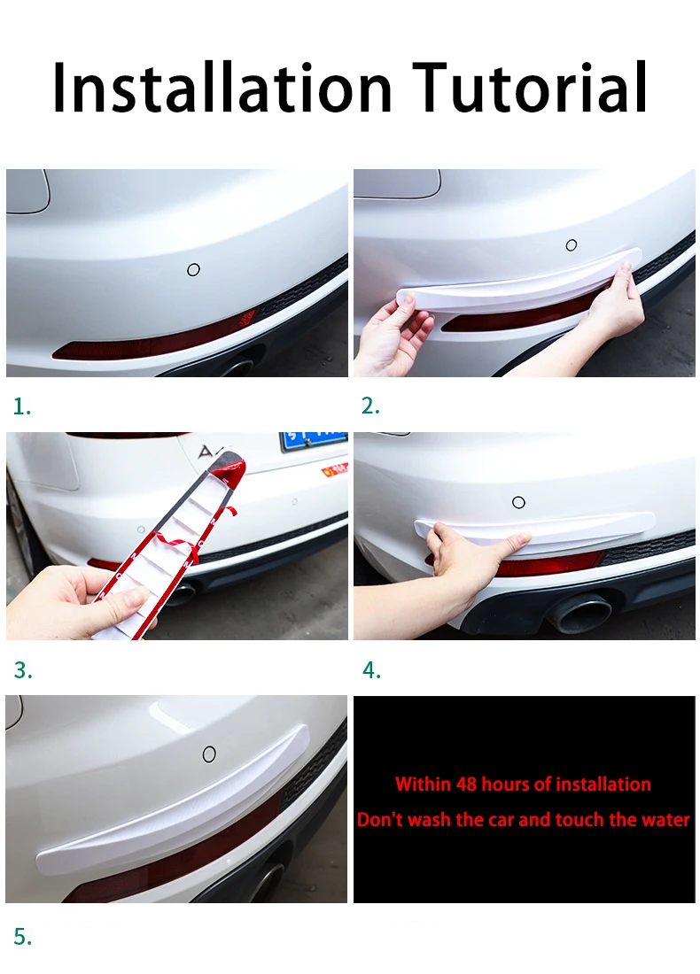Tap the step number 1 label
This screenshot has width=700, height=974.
(x=22, y=407)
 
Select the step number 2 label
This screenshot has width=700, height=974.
(x=370, y=406)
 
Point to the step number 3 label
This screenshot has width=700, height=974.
(x=23, y=671)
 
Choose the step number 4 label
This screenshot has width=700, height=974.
(x=371, y=671)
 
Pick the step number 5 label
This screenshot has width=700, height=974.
(x=23, y=936)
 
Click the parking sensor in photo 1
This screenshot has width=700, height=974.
(x=193, y=269)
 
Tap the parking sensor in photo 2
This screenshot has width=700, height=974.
(x=572, y=245)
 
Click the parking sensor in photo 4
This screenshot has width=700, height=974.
(x=518, y=502)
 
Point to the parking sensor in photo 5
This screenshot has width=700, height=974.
(x=209, y=754)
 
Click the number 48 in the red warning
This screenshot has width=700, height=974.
(x=467, y=784)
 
